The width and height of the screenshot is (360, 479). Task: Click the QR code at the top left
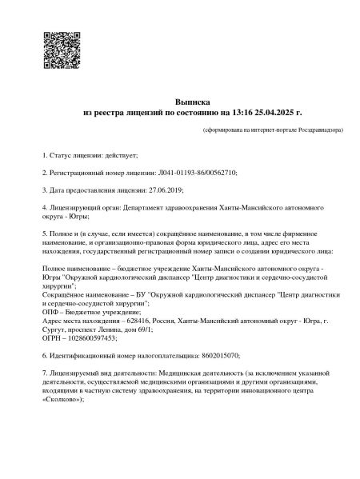click(x=59, y=49)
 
